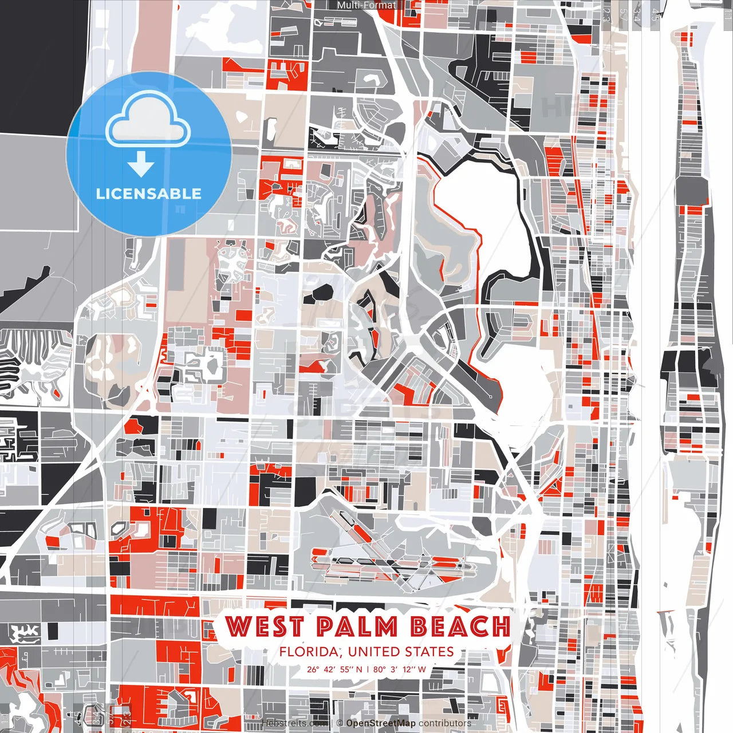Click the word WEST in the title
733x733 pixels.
pyautogui.click(x=264, y=626)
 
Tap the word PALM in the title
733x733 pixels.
pyautogui.click(x=357, y=626)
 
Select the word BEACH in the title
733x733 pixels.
pyautogui.click(x=460, y=626)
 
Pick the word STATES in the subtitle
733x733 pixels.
pyautogui.click(x=429, y=652)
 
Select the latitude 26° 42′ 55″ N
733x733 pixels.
pyautogui.click(x=334, y=669)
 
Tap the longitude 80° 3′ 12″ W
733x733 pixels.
pyautogui.click(x=400, y=669)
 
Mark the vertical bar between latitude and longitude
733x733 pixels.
pyautogui.click(x=368, y=669)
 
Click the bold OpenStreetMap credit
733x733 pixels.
pyautogui.click(x=381, y=723)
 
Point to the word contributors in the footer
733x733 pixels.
pyautogui.click(x=445, y=723)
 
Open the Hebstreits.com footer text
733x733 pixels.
pyautogui.click(x=295, y=723)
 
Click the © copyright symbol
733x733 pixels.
pyautogui.click(x=340, y=723)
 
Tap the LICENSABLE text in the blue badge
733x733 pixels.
pyautogui.click(x=149, y=194)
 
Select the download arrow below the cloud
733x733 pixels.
pyautogui.click(x=141, y=165)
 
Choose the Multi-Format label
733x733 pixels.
pyautogui.click(x=366, y=5)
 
